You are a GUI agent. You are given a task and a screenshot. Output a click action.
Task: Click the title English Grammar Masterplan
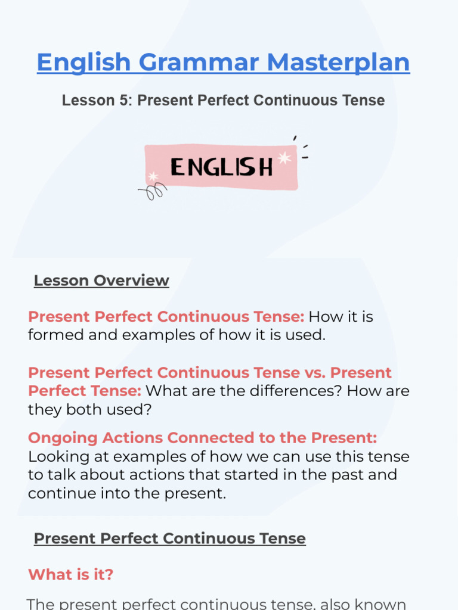tap(223, 63)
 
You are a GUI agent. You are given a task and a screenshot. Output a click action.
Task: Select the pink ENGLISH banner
tap(221, 167)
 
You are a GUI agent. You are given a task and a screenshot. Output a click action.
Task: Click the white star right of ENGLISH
tap(284, 158)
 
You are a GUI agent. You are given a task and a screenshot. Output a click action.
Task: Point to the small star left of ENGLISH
tap(153, 176)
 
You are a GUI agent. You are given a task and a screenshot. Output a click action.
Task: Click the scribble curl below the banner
tap(154, 192)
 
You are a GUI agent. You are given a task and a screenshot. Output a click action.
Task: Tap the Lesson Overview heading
tap(101, 281)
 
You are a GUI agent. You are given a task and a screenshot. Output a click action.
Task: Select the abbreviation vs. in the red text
tap(313, 373)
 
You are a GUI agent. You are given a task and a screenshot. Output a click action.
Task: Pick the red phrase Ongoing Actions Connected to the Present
tap(202, 438)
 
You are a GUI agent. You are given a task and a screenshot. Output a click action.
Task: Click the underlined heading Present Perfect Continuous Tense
tap(169, 539)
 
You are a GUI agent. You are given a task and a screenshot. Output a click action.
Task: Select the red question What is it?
tap(70, 575)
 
